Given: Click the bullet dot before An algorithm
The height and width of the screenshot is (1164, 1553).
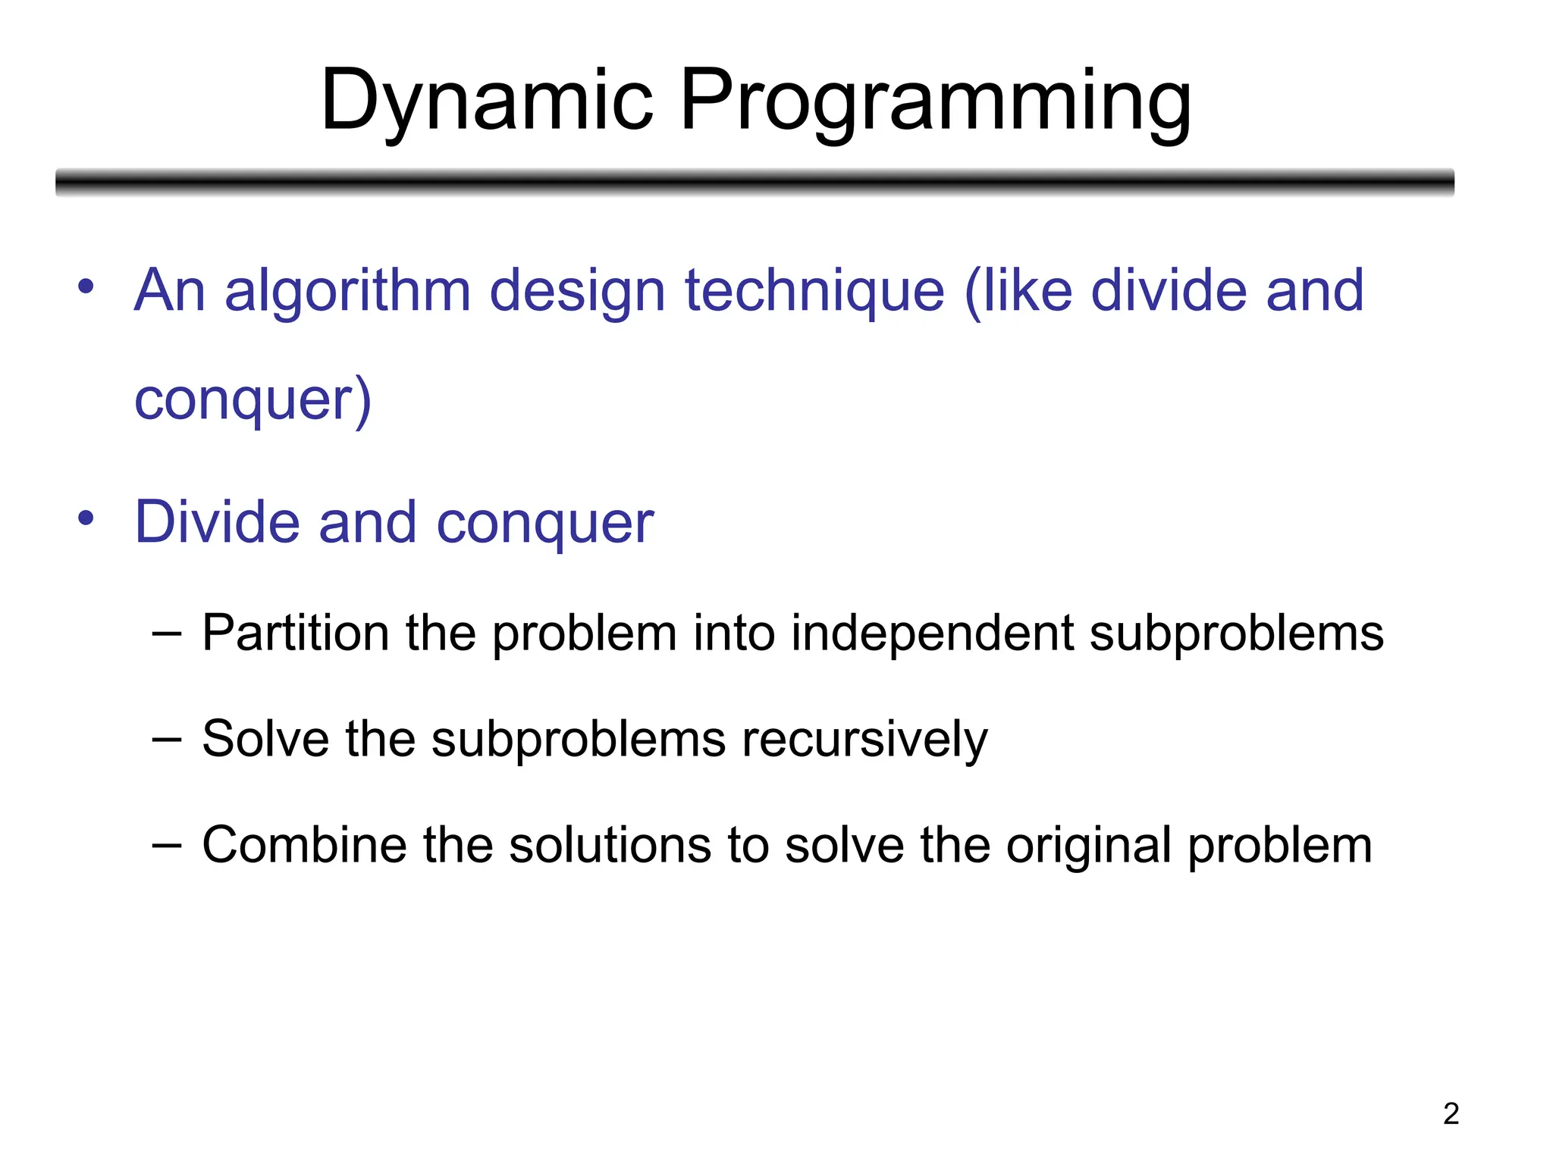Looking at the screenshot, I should point(86,287).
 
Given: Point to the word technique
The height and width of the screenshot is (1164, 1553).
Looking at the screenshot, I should point(814,292).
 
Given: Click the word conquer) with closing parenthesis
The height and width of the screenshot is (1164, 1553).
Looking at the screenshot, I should point(253,400).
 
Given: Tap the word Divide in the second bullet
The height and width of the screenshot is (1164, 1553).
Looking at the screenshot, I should point(217,523).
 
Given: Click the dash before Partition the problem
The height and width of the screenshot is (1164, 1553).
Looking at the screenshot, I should point(166,634).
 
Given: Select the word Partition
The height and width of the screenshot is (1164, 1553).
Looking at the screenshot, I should point(296,634).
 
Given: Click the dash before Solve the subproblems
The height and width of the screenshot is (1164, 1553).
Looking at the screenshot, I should point(166,740).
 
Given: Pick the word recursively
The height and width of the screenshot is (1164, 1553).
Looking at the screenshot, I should point(864,740).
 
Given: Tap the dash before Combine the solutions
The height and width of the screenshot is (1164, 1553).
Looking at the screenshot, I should point(166,846).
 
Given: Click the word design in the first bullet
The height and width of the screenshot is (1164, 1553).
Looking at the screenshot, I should point(578,292).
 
